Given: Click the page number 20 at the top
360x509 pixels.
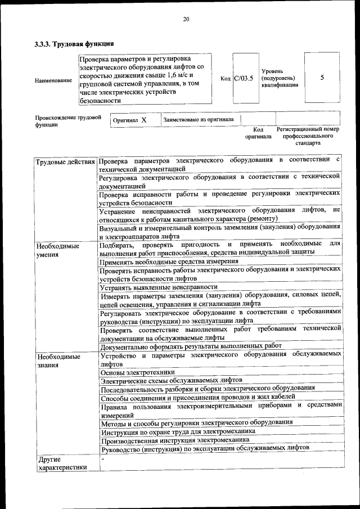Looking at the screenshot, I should pyautogui.click(x=186, y=20).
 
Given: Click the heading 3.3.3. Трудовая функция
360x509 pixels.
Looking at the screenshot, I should pyautogui.click(x=74, y=43).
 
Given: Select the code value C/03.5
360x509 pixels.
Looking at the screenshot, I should pyautogui.click(x=244, y=79).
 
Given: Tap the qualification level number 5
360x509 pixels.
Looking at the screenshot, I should pyautogui.click(x=322, y=78).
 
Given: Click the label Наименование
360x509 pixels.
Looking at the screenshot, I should pyautogui.click(x=53, y=80).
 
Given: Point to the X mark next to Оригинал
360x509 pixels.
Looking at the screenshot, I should pyautogui.click(x=144, y=120).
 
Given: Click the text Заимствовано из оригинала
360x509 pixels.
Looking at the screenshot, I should pyautogui.click(x=199, y=120).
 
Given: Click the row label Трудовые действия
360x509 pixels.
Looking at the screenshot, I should pyautogui.click(x=65, y=163).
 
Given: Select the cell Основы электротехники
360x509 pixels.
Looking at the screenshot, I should pyautogui.click(x=137, y=372).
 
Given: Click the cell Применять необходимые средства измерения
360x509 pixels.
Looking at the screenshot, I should pyautogui.click(x=169, y=262).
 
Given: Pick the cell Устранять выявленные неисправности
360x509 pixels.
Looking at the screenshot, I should pyautogui.click(x=159, y=286).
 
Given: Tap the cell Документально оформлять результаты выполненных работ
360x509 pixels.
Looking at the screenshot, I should pyautogui.click(x=191, y=346).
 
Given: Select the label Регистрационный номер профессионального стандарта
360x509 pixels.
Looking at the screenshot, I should pyautogui.click(x=308, y=136).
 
